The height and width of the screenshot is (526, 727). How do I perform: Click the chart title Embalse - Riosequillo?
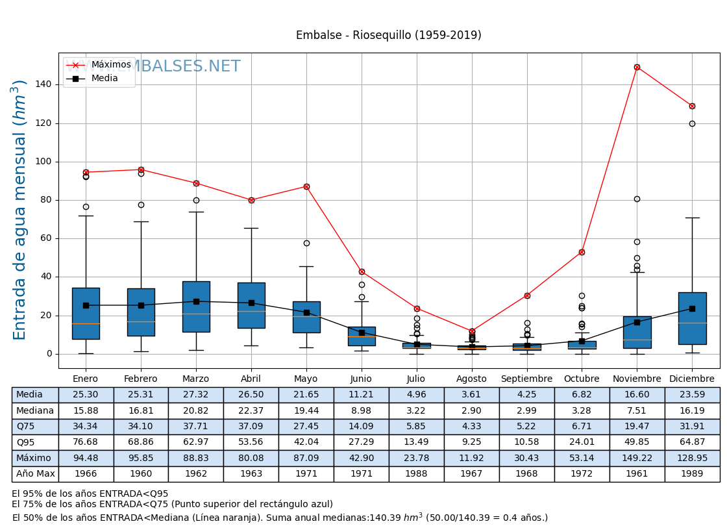point(388,35)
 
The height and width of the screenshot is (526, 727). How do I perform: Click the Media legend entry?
point(105,79)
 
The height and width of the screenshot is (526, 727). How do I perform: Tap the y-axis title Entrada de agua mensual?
point(20,210)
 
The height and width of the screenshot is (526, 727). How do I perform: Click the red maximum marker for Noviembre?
point(637,67)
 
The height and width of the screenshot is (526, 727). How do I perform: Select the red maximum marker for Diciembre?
point(692,106)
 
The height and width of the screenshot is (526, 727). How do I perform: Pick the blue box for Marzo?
point(196,307)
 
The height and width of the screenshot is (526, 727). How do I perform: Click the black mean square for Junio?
point(362,332)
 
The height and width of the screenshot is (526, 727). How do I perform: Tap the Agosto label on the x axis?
point(471,379)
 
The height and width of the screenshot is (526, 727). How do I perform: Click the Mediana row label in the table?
point(35,410)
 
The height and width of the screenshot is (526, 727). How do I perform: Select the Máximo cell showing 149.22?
point(637,458)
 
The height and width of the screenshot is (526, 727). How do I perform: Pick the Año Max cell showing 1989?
point(692,474)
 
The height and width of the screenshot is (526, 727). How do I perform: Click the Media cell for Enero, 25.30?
point(86,395)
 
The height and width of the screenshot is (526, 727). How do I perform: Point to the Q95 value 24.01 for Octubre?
point(582,442)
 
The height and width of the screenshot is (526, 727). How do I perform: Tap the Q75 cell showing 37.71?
point(196,427)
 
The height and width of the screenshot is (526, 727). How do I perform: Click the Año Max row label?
point(35,474)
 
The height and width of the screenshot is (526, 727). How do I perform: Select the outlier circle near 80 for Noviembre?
point(637,199)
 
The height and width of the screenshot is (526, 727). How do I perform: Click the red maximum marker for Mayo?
point(306,186)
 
